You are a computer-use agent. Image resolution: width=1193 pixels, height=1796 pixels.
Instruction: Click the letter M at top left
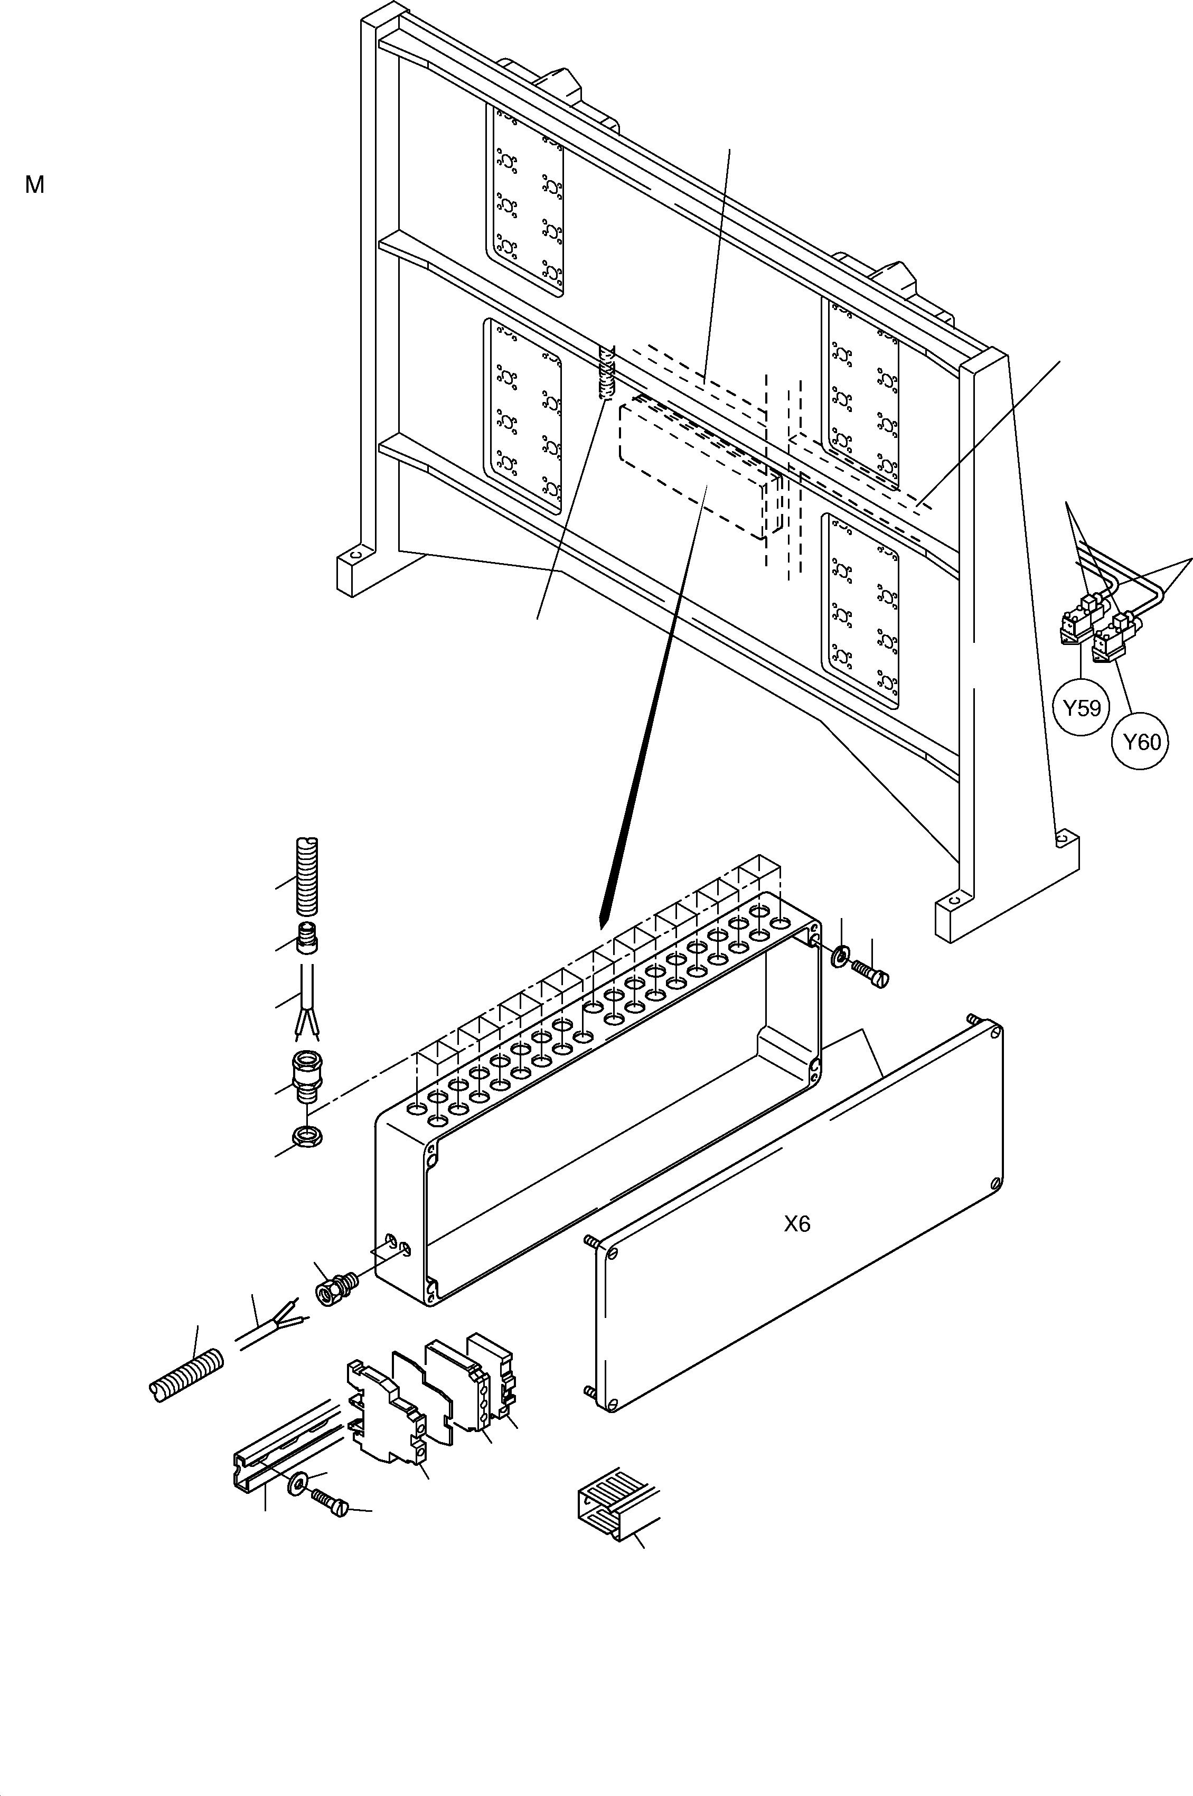coord(34,185)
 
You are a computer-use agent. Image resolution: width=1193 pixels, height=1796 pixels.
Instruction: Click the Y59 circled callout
coord(1081,708)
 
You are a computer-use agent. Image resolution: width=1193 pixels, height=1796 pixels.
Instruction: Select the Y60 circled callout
coord(1141,741)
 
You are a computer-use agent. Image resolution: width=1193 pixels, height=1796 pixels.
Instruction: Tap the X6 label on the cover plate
coord(796,1224)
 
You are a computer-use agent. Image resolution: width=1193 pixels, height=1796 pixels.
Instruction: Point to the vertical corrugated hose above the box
coord(306,877)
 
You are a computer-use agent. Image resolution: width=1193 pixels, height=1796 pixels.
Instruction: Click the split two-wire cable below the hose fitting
coord(307,1003)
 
